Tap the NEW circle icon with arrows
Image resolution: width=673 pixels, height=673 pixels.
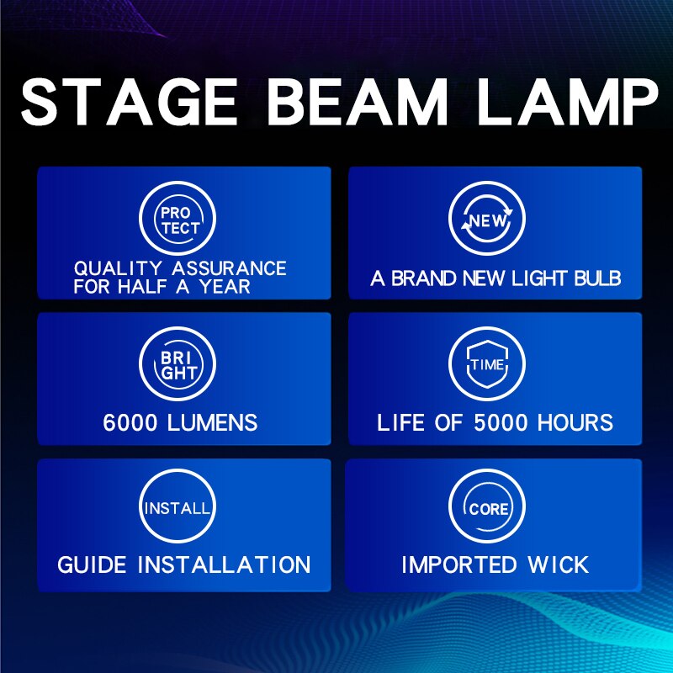[487, 220]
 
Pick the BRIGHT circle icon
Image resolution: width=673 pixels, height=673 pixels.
[178, 364]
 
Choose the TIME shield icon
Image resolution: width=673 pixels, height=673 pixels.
[487, 364]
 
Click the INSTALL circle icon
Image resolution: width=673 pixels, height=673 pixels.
[178, 508]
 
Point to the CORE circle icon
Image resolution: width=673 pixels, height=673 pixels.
[487, 508]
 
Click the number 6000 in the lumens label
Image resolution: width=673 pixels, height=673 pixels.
[131, 421]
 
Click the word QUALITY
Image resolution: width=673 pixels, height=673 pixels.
[119, 269]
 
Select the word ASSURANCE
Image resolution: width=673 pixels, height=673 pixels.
[230, 269]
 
